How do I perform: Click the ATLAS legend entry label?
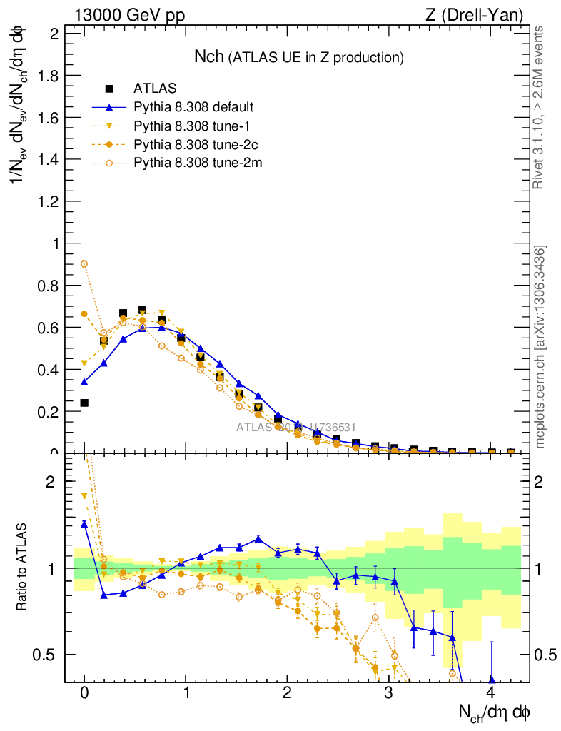tap(155, 89)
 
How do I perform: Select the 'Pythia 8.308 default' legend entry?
tap(193, 107)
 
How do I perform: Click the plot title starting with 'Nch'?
tap(299, 56)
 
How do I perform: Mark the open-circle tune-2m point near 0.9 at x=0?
tap(84, 263)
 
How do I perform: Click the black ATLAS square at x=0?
tap(84, 403)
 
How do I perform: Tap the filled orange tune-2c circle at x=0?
tap(84, 314)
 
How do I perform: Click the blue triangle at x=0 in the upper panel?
tap(84, 382)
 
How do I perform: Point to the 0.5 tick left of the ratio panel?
tap(49, 655)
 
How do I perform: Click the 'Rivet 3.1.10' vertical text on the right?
tap(539, 107)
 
